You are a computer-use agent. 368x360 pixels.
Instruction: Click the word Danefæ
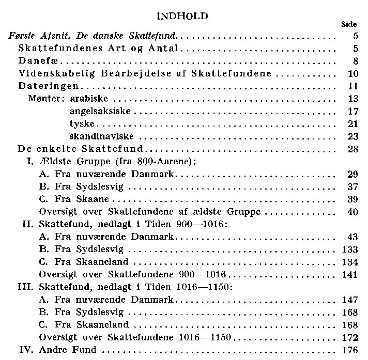point(35,61)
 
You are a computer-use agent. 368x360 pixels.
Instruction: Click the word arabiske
point(91,99)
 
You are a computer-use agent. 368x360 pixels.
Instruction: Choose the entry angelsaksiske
point(100,111)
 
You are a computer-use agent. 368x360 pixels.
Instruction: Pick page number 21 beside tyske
point(354,124)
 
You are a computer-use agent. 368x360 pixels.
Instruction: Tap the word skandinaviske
point(101,136)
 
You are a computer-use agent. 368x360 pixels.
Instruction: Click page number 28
point(354,149)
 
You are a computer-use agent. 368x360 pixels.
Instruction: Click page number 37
point(354,186)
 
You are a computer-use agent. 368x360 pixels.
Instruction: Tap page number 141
point(350,274)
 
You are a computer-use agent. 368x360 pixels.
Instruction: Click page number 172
point(350,338)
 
